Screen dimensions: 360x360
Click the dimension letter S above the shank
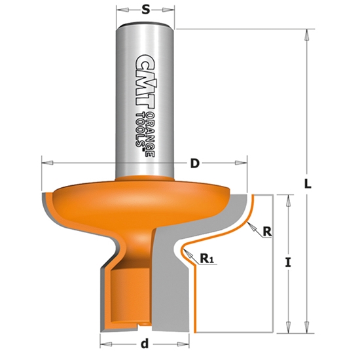click(145, 11)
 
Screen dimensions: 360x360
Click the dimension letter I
click(289, 263)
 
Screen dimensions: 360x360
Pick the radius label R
click(266, 231)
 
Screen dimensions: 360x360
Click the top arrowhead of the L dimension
click(306, 33)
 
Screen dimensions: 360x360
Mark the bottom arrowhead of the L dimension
click(306, 330)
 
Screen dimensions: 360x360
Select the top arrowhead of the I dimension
click(287, 197)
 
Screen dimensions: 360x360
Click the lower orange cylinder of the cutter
click(128, 295)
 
